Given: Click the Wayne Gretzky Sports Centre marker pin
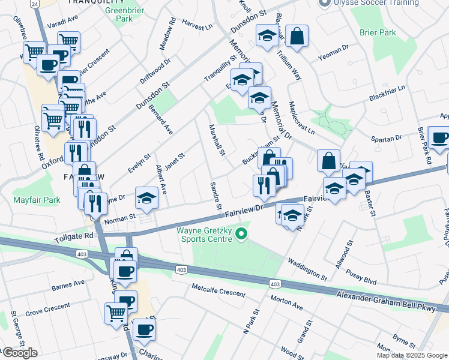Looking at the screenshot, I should [242, 233].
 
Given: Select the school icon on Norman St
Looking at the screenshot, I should [146, 198].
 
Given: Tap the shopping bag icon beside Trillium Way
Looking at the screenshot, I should [297, 37].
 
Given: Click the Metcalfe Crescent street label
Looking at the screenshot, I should [218, 293].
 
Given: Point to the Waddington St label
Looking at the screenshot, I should [307, 269].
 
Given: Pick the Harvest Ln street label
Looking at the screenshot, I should [197, 27].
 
